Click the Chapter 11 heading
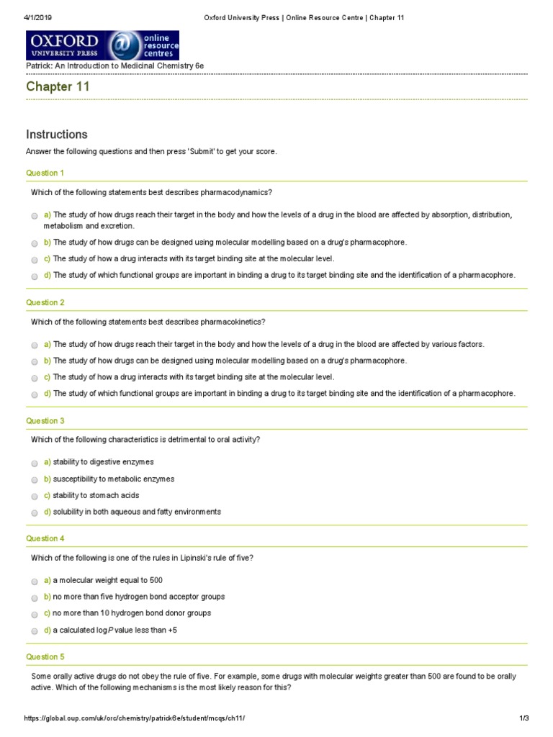58,87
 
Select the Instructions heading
57,135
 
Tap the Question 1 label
45,173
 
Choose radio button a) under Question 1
35,215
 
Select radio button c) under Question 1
35,259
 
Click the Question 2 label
45,303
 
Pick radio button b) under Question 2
35,361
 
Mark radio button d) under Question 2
35,394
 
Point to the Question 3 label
45,420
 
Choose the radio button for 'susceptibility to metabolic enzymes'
35,479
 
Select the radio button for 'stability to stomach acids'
35,496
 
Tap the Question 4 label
45,538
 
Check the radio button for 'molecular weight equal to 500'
35,581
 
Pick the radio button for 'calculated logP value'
35,630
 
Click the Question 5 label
45,656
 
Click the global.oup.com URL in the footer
139,718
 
